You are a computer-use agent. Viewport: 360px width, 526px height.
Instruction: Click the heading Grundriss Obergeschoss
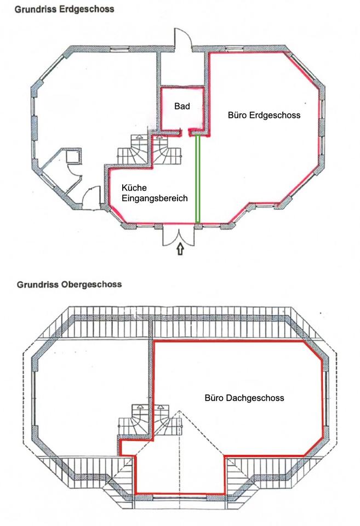(68, 285)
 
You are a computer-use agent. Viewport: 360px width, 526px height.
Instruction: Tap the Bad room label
(182, 106)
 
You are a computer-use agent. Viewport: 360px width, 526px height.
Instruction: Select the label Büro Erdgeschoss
(264, 116)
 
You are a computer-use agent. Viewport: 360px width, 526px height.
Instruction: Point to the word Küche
(134, 188)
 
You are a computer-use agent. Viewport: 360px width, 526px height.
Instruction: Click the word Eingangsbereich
(155, 199)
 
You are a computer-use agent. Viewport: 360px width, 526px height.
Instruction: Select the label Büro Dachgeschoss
(244, 398)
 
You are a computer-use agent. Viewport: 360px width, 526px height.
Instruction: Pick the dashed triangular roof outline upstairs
(179, 433)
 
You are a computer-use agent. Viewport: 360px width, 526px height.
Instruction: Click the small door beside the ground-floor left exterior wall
(92, 195)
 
